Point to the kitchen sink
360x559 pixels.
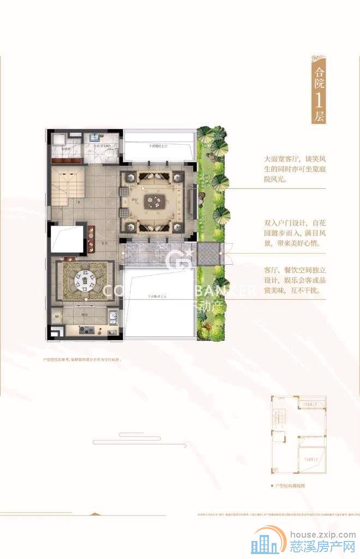pos(112,318)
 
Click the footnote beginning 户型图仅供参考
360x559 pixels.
pos(82,360)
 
